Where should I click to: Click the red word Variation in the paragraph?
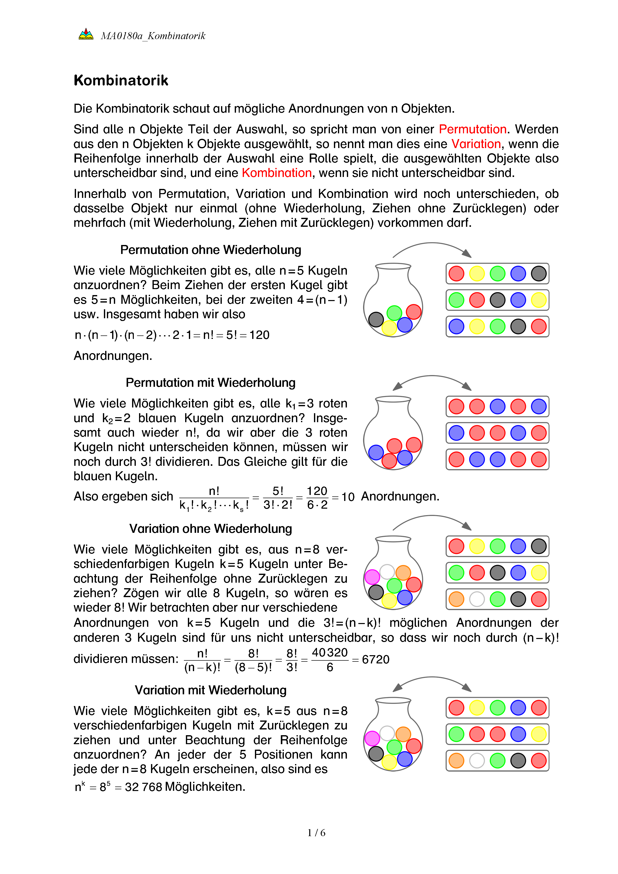tap(476, 144)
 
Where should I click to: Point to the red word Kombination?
tap(277, 173)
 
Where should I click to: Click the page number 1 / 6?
tap(316, 833)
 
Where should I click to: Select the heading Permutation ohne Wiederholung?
tap(210, 250)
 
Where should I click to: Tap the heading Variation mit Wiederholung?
tap(210, 690)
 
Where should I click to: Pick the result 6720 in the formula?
tap(376, 659)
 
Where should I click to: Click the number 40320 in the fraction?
tap(329, 652)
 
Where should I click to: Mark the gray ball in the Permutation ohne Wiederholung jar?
tap(376, 319)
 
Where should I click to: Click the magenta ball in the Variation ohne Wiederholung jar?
tap(372, 577)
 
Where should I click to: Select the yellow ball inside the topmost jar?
tap(389, 327)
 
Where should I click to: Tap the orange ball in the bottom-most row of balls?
tap(456, 761)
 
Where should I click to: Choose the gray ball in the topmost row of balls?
tap(539, 274)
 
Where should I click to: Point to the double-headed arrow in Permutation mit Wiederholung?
tap(432, 380)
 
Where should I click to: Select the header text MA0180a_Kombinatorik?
tap(153, 36)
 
